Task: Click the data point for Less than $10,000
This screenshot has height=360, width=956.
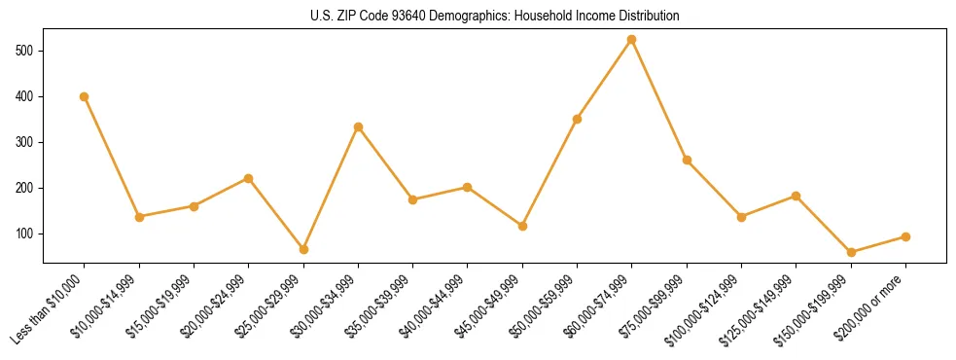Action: tap(85, 96)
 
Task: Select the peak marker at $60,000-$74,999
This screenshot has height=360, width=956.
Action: tap(632, 40)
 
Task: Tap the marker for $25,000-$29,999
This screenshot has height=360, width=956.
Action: tap(303, 249)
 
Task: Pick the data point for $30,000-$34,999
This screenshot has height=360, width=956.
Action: tap(358, 126)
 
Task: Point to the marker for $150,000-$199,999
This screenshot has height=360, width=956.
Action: tap(851, 252)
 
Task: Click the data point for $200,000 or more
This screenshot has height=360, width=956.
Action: tap(905, 236)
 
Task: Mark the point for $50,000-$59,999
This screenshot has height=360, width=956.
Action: tap(578, 119)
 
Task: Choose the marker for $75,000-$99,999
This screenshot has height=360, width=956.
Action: tap(687, 160)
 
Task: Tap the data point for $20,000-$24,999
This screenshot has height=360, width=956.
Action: tap(249, 178)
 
